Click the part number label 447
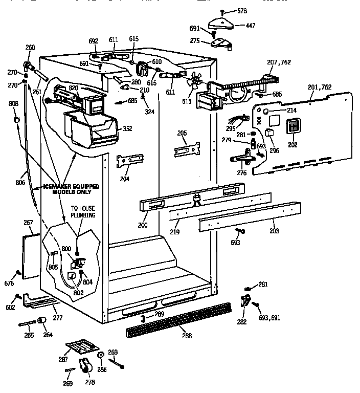251,25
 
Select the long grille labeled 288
178,317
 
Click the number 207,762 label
279,62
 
